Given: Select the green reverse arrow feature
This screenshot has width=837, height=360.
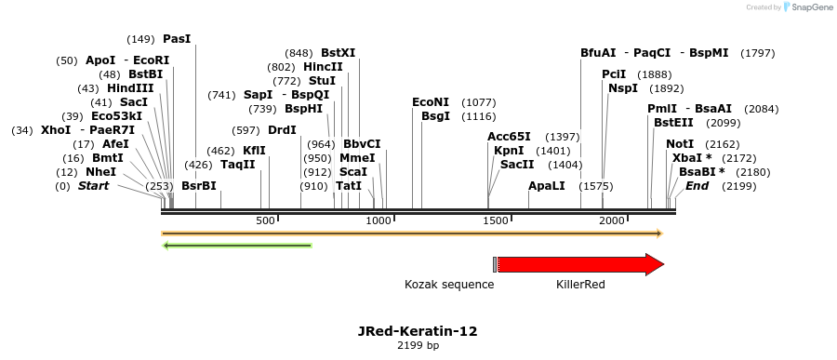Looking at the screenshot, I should [x=237, y=246].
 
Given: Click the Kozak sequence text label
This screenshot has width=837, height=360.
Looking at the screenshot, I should [x=449, y=284].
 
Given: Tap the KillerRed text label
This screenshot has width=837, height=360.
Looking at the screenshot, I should [x=580, y=284].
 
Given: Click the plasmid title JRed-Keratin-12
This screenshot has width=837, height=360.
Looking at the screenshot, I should [x=418, y=330].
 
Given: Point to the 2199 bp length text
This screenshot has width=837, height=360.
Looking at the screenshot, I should [x=418, y=346].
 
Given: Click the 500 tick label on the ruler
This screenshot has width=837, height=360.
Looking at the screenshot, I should [x=266, y=220].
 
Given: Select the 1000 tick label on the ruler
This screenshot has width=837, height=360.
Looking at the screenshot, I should [x=379, y=220].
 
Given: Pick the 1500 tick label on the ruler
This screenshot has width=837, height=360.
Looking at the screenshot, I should [x=497, y=220].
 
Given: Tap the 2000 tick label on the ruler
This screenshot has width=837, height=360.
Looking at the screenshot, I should [x=612, y=220].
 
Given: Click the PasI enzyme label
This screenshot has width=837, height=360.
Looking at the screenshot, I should [x=176, y=39].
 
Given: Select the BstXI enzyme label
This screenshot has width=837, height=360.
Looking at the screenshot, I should [x=338, y=53].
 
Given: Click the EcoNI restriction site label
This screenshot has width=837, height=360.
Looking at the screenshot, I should [x=431, y=102].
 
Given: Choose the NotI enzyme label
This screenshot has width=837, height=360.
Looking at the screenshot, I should [x=680, y=144].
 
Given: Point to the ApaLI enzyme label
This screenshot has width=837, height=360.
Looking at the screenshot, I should [x=546, y=186].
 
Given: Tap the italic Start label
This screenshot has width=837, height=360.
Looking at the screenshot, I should [x=93, y=186].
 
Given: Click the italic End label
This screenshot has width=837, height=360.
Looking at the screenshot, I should [x=697, y=186].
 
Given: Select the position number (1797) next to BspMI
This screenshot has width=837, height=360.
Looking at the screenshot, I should [x=757, y=53].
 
